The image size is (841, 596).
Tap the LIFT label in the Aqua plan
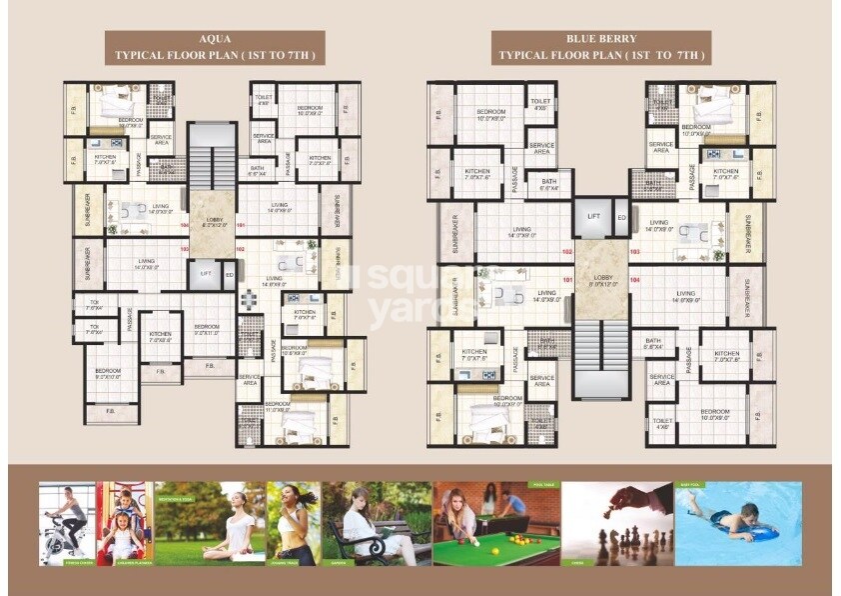pyautogui.click(x=206, y=272)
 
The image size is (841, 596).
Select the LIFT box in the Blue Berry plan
pyautogui.click(x=593, y=216)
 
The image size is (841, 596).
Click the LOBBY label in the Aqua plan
pyautogui.click(x=213, y=222)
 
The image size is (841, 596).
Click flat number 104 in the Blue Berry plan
pyautogui.click(x=634, y=295)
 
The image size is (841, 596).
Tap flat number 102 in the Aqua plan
pyautogui.click(x=240, y=248)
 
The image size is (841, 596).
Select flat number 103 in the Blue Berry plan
pyautogui.click(x=634, y=252)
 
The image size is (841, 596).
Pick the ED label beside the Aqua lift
pyautogui.click(x=229, y=273)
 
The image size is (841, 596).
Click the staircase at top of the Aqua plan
pyautogui.click(x=212, y=155)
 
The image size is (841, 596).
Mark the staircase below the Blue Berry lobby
pyautogui.click(x=600, y=360)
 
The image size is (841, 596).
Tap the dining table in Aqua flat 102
pyautogui.click(x=247, y=298)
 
